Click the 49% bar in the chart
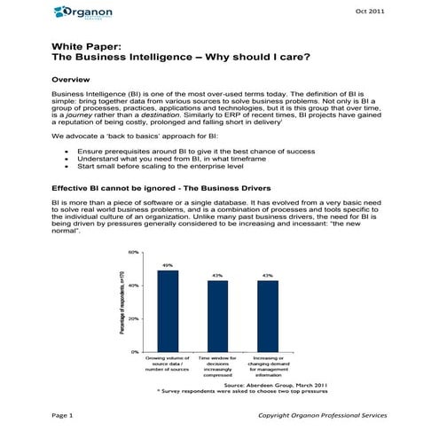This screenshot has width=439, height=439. click(168, 310)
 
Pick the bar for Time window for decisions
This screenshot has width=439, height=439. click(216, 316)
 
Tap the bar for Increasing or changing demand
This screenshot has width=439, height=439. click(266, 316)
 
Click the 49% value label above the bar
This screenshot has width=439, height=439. click(168, 265)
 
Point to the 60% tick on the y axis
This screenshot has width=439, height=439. click(134, 253)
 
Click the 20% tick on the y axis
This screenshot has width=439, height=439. click(134, 318)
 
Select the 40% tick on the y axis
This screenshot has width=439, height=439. click(134, 286)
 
